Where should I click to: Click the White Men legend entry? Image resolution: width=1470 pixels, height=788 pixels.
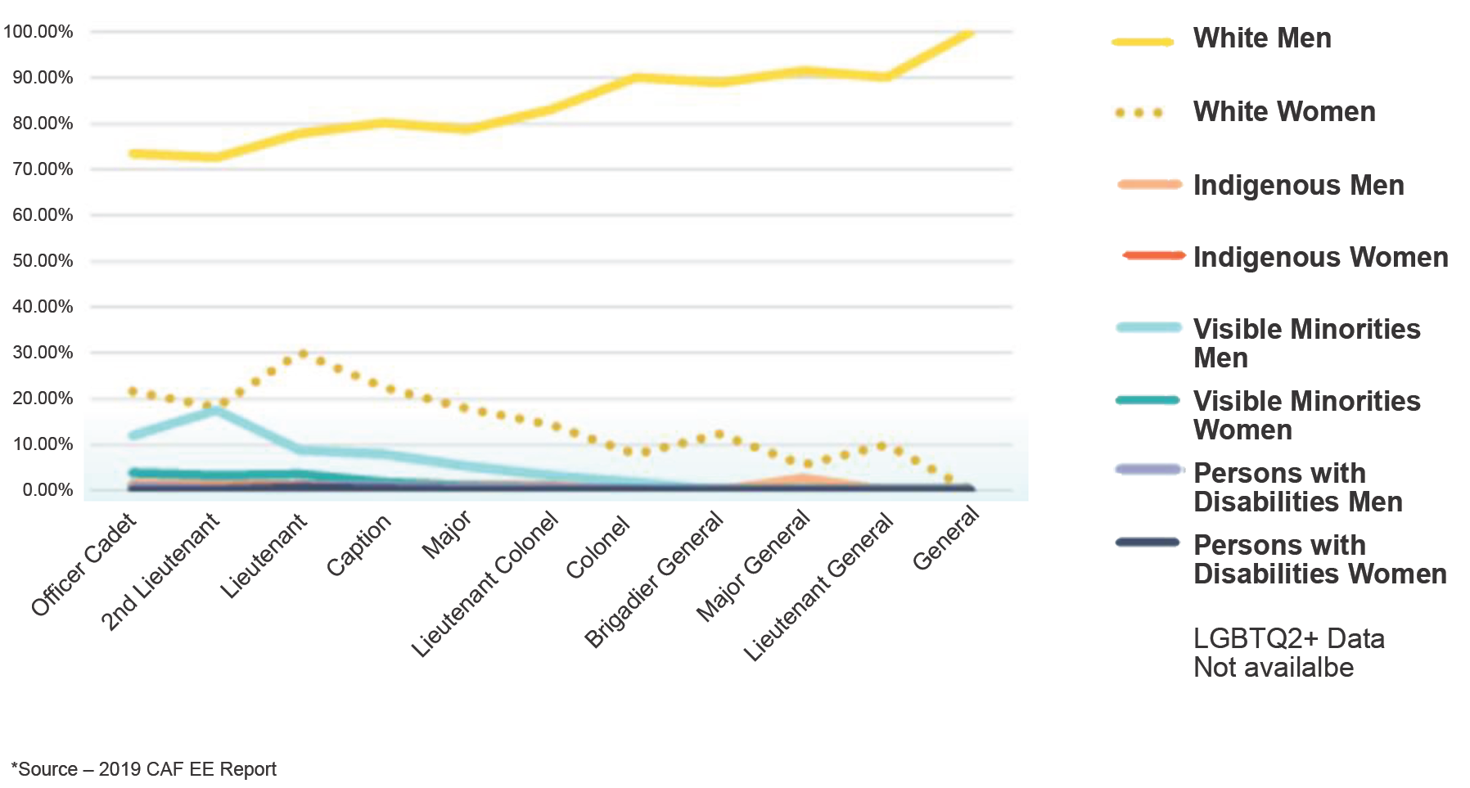1261,38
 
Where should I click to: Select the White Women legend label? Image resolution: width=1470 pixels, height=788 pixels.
1283,112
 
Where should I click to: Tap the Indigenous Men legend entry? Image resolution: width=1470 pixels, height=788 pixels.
1297,186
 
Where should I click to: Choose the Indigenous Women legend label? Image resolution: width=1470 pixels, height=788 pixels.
1319,258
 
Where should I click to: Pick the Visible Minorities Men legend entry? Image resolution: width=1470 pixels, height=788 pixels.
1305,344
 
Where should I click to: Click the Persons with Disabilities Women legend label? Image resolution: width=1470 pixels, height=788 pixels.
1319,560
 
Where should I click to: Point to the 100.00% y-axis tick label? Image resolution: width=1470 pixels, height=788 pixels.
38,32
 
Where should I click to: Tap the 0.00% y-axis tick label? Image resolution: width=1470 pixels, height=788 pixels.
47,490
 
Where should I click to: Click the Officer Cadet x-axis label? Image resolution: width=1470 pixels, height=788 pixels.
84,565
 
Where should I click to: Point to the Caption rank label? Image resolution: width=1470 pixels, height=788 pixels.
358,545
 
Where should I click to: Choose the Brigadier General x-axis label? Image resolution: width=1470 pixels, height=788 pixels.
654,578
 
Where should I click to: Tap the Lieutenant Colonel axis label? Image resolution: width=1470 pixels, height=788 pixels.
485,583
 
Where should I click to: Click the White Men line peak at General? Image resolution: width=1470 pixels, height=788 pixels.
969,32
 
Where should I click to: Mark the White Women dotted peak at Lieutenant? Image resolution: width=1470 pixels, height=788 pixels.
303,353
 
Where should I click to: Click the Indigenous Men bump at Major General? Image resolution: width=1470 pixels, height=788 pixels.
803,478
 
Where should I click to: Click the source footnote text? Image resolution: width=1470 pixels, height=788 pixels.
144,769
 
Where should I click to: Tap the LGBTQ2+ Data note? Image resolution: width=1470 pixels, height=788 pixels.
1288,653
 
